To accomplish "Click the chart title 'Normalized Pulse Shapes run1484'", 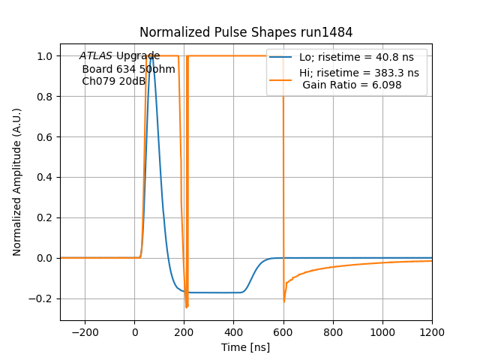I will tap(246, 32).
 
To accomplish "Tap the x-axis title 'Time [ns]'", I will tap(246, 347).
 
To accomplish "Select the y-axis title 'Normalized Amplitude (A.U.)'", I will tap(17, 182).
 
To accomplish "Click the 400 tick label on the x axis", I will tap(234, 332).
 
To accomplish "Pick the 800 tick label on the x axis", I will tap(333, 332).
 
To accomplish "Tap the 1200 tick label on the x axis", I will tap(432, 332).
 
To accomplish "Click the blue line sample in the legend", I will tap(281, 57).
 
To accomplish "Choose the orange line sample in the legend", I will tap(281, 73).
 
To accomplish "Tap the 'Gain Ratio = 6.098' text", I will tap(352, 85).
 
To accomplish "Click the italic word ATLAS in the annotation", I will tap(96, 56).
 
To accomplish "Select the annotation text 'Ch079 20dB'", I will tap(113, 81).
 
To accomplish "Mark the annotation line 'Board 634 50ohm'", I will tap(128, 69).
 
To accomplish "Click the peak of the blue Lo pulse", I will tap(152, 56).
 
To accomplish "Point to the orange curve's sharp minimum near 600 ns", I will tap(284, 301).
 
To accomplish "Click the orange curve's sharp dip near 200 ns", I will tap(187, 307).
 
